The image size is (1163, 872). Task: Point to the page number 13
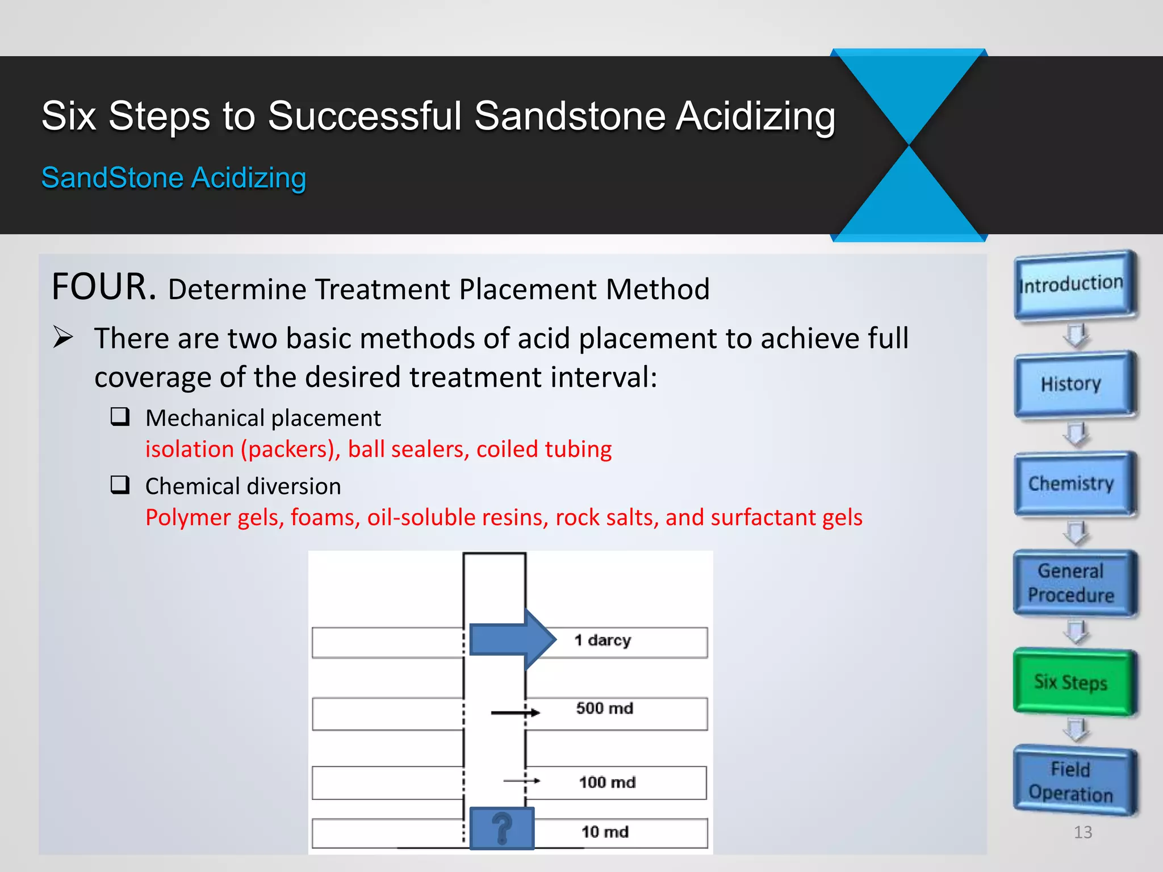click(x=1082, y=832)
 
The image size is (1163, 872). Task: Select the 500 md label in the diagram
click(x=604, y=708)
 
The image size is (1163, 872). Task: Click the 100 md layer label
click(x=606, y=782)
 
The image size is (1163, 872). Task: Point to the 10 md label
click(x=605, y=832)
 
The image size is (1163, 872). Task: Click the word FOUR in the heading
click(x=103, y=287)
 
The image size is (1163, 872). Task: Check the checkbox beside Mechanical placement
click(x=120, y=417)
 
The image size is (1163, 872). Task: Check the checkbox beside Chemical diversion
click(x=120, y=485)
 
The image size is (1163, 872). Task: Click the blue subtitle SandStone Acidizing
click(x=174, y=178)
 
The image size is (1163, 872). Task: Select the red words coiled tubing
click(x=543, y=449)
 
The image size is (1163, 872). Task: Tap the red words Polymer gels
click(x=214, y=518)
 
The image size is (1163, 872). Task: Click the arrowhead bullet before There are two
click(x=63, y=337)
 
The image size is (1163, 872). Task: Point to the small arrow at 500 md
click(x=514, y=712)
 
